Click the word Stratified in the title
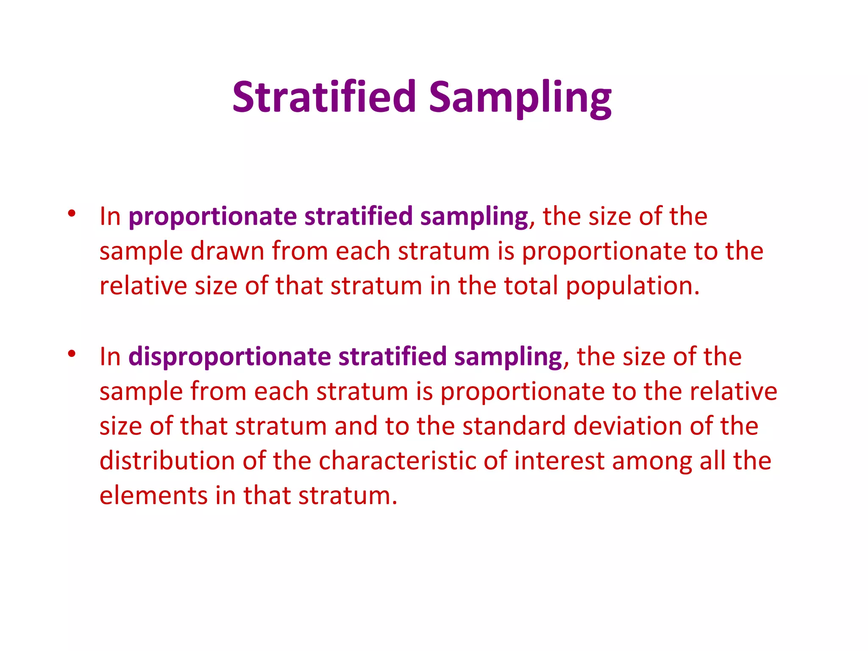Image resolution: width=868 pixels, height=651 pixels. pyautogui.click(x=324, y=97)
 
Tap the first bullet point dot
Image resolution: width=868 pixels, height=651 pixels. pyautogui.click(x=71, y=213)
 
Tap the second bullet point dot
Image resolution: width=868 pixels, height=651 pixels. pyautogui.click(x=71, y=353)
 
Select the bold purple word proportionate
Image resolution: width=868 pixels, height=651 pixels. pyautogui.click(x=212, y=217)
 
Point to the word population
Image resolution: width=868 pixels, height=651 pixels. pyautogui.click(x=632, y=287)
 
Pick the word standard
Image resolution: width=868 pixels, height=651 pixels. pyautogui.click(x=514, y=426)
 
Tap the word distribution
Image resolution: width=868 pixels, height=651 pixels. pyautogui.click(x=167, y=461)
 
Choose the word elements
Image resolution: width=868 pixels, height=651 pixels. pyautogui.click(x=153, y=495)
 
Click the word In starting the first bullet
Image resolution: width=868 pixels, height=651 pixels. pyautogui.click(x=110, y=217)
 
